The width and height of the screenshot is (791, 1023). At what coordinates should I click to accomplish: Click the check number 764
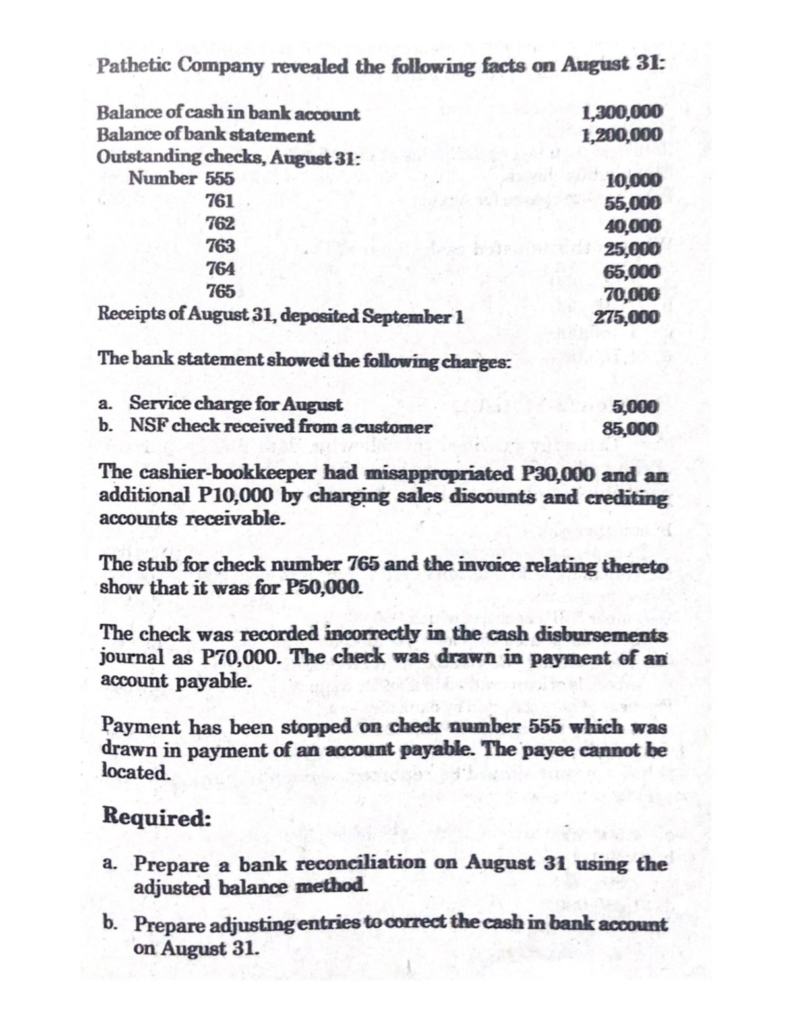[220, 269]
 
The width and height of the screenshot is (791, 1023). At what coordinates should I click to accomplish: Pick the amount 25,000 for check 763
[632, 249]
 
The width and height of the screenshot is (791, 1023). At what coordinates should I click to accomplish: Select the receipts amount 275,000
[626, 316]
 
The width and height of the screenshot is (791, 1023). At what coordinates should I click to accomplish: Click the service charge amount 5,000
[635, 406]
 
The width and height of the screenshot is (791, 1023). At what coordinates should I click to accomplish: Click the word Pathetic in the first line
[134, 66]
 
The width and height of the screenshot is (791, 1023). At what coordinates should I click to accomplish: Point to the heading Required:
[157, 817]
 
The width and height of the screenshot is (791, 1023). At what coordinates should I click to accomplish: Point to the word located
[136, 771]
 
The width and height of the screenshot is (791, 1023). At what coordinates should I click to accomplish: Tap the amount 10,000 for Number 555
[632, 180]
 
